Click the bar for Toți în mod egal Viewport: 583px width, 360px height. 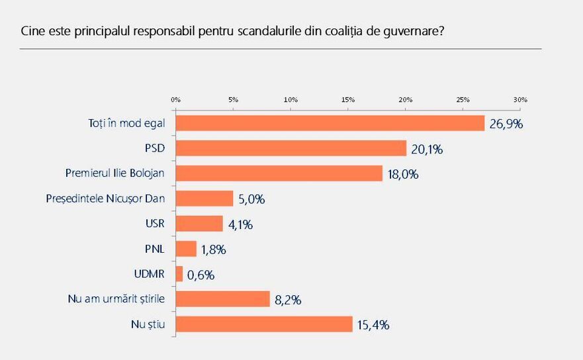click(330, 123)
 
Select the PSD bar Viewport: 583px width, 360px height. click(291, 148)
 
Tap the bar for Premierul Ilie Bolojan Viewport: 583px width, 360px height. click(279, 173)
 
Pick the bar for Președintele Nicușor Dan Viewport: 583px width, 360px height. click(204, 199)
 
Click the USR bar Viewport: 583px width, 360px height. click(199, 224)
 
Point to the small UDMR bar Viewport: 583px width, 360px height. click(179, 274)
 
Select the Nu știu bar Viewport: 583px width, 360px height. click(264, 324)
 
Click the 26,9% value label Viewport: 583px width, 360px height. click(506, 124)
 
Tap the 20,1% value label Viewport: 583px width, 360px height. click(427, 149)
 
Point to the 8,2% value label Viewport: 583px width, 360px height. click(288, 300)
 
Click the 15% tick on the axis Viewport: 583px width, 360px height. click(348, 99)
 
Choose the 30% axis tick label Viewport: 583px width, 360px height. click(520, 99)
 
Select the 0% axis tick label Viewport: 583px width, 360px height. click(176, 99)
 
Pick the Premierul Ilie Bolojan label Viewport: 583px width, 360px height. click(115, 173)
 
